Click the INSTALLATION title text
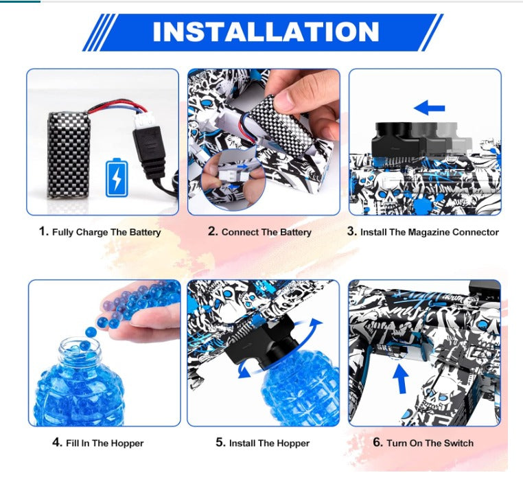tap(266, 32)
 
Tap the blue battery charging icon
tap(117, 178)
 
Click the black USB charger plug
tap(149, 151)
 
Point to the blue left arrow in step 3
tap(429, 108)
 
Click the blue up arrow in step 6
tap(401, 379)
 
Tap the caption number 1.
tap(43, 231)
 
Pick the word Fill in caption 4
tap(72, 443)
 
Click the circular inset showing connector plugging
tap(233, 179)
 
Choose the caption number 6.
tap(377, 442)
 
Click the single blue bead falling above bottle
tap(91, 332)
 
